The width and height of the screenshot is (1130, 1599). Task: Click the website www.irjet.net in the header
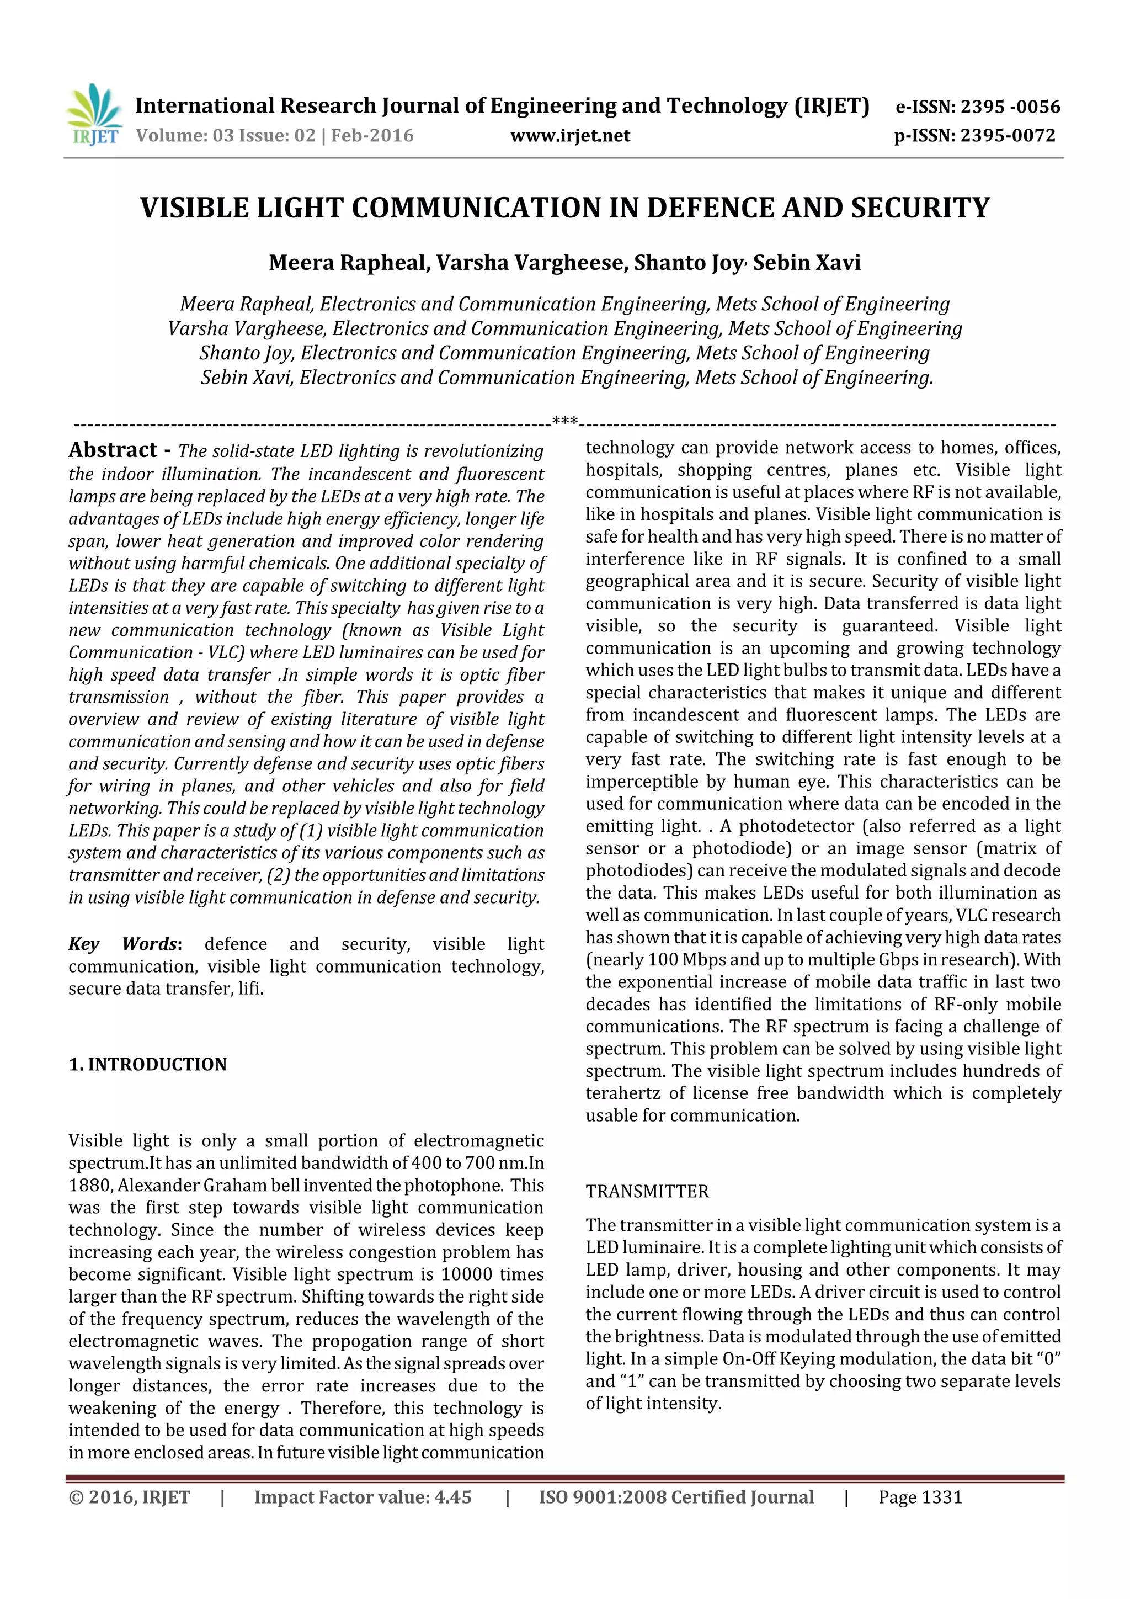tap(569, 136)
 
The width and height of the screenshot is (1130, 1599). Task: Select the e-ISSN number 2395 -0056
tap(1010, 107)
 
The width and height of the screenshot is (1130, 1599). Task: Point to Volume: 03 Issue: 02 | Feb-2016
tap(274, 136)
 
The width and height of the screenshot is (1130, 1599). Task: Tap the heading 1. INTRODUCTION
tap(148, 1065)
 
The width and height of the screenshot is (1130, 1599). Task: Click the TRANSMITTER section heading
tap(647, 1192)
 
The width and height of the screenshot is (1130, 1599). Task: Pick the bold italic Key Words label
tap(125, 944)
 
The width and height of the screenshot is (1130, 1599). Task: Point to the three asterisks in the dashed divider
tap(564, 421)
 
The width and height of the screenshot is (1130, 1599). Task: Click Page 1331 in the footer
tap(920, 1497)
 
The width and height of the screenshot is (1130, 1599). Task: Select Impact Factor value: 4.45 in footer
tap(363, 1497)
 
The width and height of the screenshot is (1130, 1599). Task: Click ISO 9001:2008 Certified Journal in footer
tap(675, 1497)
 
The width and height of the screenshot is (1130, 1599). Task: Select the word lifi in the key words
tap(250, 989)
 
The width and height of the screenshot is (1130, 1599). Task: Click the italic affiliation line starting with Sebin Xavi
tap(566, 378)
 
